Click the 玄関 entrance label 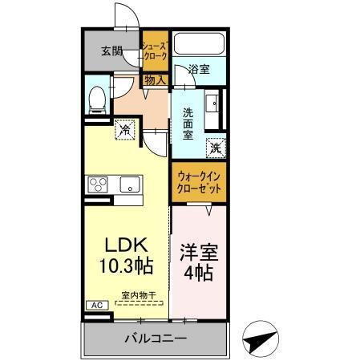[111, 52]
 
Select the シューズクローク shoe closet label [154, 52]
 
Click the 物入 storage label [155, 79]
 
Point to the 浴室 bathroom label [200, 70]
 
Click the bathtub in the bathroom [200, 45]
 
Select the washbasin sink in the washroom [213, 104]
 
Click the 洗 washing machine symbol [214, 147]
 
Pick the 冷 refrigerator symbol [125, 127]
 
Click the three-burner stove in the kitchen [99, 185]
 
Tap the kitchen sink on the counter [129, 185]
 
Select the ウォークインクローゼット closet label [198, 181]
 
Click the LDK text [120, 245]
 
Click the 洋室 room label [197, 250]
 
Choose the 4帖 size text [197, 273]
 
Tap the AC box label [94, 306]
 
